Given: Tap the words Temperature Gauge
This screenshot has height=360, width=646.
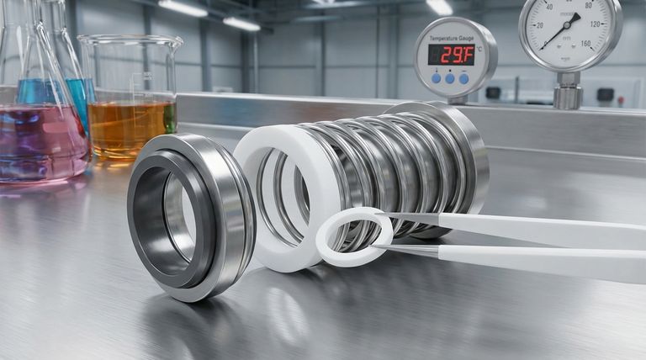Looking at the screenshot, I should [453, 39].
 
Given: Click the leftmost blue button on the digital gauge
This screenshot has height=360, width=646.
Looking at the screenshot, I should [436, 77].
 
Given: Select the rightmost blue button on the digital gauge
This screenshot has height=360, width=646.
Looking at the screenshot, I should [463, 77].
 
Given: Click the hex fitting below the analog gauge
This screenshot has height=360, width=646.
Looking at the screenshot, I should [569, 95].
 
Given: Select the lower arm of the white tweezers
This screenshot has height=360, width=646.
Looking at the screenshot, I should [538, 260].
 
